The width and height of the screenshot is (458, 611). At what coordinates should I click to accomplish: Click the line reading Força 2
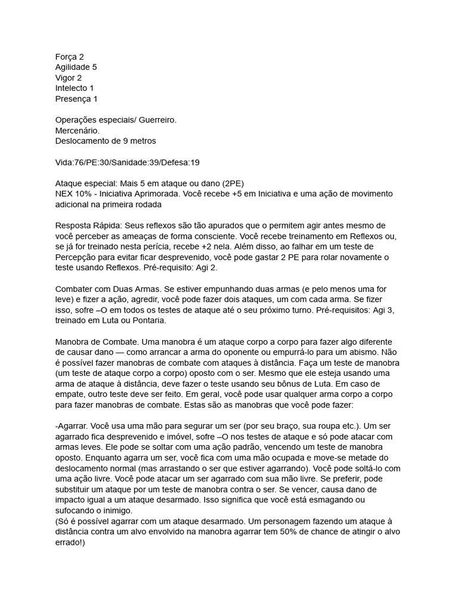[x=69, y=57]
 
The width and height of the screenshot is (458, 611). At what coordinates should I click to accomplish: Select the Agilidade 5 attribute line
[x=76, y=67]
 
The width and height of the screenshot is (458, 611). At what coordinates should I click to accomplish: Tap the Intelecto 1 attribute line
[x=75, y=88]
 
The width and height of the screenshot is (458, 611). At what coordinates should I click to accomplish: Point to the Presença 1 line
[x=76, y=99]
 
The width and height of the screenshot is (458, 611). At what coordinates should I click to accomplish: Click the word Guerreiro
[x=157, y=120]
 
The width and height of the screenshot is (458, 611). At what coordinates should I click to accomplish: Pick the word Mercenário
[x=78, y=131]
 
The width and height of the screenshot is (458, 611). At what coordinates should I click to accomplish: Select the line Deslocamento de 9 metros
[x=106, y=141]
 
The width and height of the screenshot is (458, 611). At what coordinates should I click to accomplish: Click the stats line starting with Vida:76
[x=127, y=162]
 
